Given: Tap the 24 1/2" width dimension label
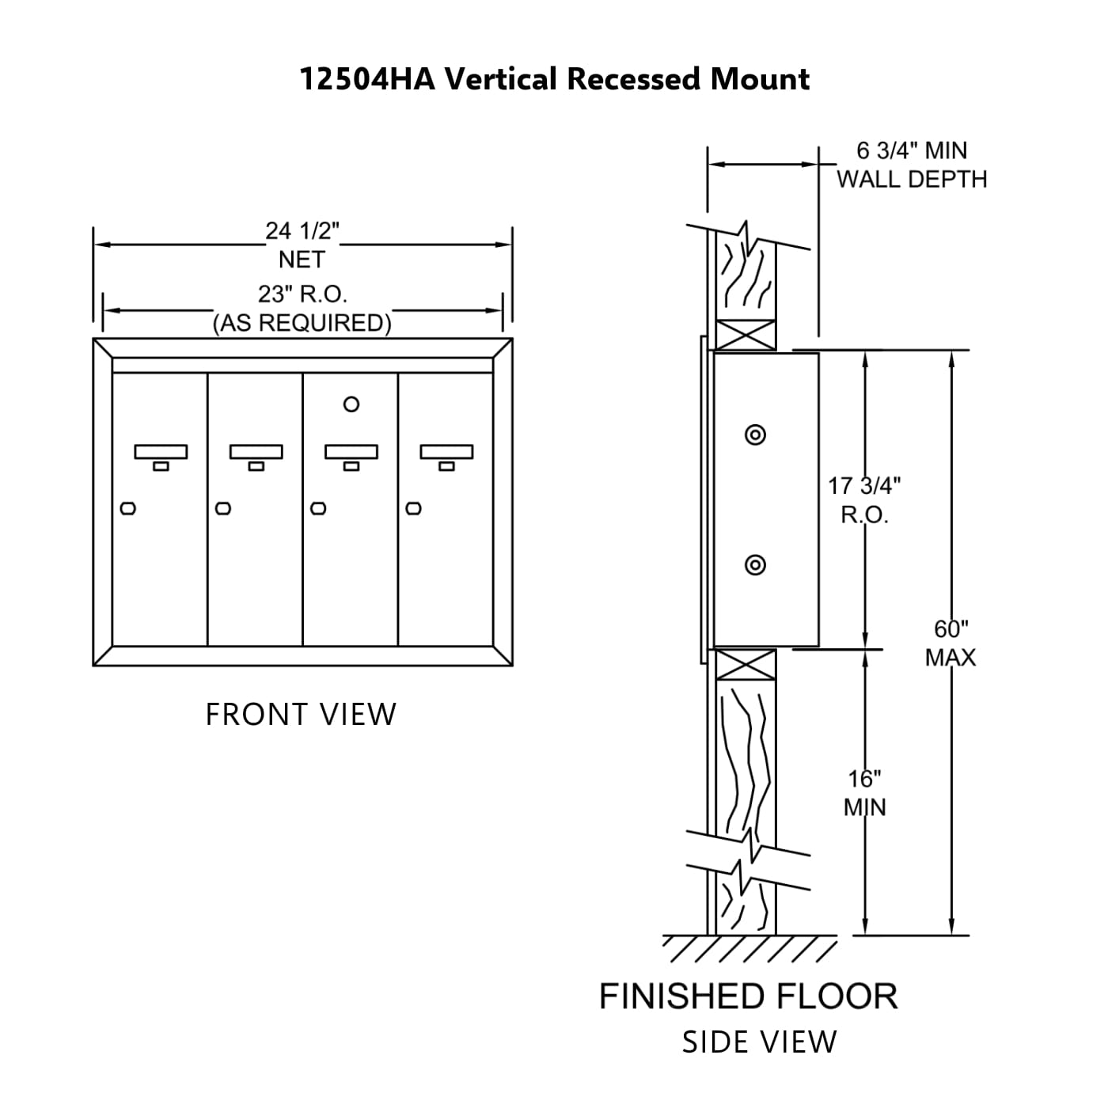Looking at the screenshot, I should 302,231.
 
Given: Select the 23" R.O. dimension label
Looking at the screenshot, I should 302,294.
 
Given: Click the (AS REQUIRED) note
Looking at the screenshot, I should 302,323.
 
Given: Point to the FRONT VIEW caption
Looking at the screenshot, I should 301,715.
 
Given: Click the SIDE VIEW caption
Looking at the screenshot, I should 759,1042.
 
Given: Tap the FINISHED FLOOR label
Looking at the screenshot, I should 748,996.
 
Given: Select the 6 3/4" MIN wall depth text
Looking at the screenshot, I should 912,150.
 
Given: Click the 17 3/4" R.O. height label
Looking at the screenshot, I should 864,499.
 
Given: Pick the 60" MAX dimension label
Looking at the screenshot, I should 951,643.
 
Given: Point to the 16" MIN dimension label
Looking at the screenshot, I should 865,793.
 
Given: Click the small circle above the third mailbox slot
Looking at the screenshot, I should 351,404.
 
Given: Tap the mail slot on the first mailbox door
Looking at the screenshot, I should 161,452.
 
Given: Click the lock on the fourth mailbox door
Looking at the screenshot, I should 413,508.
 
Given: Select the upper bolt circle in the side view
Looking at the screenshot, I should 756,434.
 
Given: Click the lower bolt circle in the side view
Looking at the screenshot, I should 756,564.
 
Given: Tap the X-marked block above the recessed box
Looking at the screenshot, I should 745,334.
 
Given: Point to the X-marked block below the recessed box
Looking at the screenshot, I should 745,664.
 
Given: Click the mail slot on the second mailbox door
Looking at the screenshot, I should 256,452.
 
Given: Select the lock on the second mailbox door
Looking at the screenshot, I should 223,508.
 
